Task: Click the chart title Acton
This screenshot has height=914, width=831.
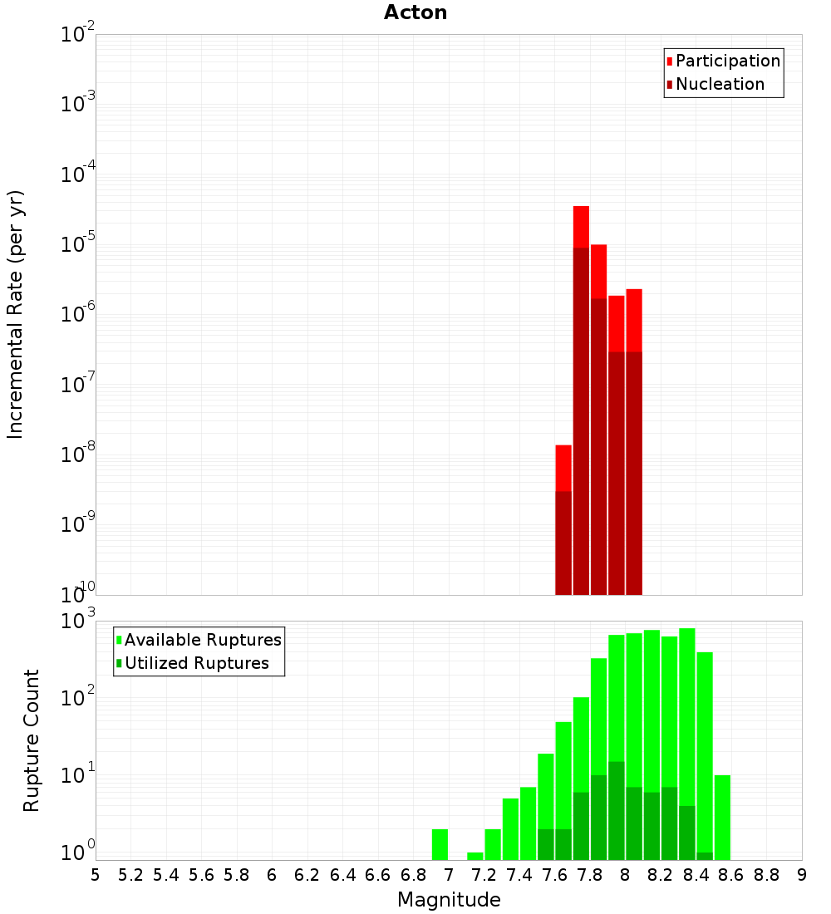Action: click(415, 12)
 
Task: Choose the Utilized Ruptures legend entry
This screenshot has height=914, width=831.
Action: click(196, 663)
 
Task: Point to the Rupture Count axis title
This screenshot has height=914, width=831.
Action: click(32, 740)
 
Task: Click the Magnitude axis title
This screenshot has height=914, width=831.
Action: click(449, 900)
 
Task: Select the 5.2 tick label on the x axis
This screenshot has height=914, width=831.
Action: click(130, 875)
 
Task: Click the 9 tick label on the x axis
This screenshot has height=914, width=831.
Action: click(802, 875)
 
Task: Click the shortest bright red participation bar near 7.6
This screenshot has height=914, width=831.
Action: click(563, 468)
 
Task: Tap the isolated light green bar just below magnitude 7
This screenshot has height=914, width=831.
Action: click(440, 844)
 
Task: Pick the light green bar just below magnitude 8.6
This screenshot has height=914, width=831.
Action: click(722, 818)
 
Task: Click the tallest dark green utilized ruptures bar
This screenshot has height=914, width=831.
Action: click(617, 810)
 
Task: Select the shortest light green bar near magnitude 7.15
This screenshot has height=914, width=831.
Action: click(475, 856)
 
